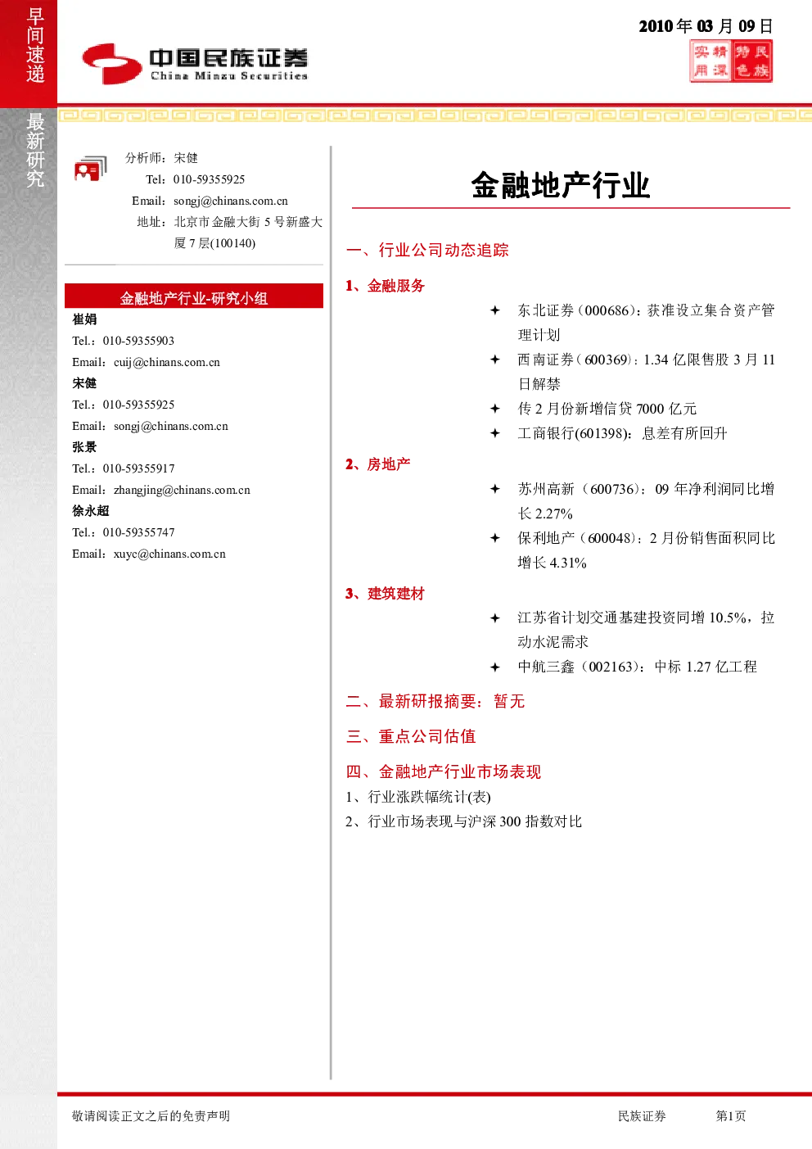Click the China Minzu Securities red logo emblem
[x=112, y=64]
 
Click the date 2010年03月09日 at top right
[x=706, y=26]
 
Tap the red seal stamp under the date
[x=731, y=61]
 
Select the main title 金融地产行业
[x=561, y=184]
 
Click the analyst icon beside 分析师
[x=91, y=169]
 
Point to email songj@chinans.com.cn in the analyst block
[x=231, y=201]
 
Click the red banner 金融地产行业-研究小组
[x=194, y=296]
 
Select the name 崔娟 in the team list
[x=84, y=319]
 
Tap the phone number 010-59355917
[x=138, y=468]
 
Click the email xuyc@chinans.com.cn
[x=169, y=554]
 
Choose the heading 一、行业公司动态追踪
[x=427, y=250]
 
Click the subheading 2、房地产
[x=378, y=464]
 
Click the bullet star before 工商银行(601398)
[x=495, y=433]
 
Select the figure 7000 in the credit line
[x=650, y=409]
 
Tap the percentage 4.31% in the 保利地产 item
[x=568, y=563]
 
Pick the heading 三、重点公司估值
[x=411, y=736]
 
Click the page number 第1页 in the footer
[x=730, y=1115]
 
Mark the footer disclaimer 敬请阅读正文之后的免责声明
[x=151, y=1115]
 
